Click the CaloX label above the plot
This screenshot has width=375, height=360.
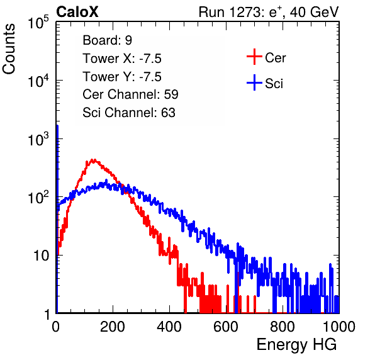77,12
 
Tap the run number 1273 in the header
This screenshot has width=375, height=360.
246,12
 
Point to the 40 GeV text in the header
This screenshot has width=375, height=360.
314,12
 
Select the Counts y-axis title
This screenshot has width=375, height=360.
9,49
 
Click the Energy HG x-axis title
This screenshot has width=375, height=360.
297,344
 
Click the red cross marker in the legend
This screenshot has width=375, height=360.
254,57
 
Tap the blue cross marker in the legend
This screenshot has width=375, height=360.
254,83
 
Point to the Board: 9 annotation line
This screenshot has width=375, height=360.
107,40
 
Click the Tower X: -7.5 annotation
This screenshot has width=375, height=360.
122,59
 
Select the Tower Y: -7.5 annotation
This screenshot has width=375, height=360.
122,77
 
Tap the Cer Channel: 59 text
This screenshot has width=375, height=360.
130,94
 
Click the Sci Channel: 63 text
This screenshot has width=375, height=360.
129,113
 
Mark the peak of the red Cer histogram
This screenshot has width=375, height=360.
94,160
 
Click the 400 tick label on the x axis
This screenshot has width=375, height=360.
169,327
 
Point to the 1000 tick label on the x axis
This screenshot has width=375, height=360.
339,327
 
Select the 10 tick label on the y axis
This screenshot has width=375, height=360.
41,256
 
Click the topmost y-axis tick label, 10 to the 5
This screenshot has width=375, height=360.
38,23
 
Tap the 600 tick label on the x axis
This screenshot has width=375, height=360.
226,327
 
